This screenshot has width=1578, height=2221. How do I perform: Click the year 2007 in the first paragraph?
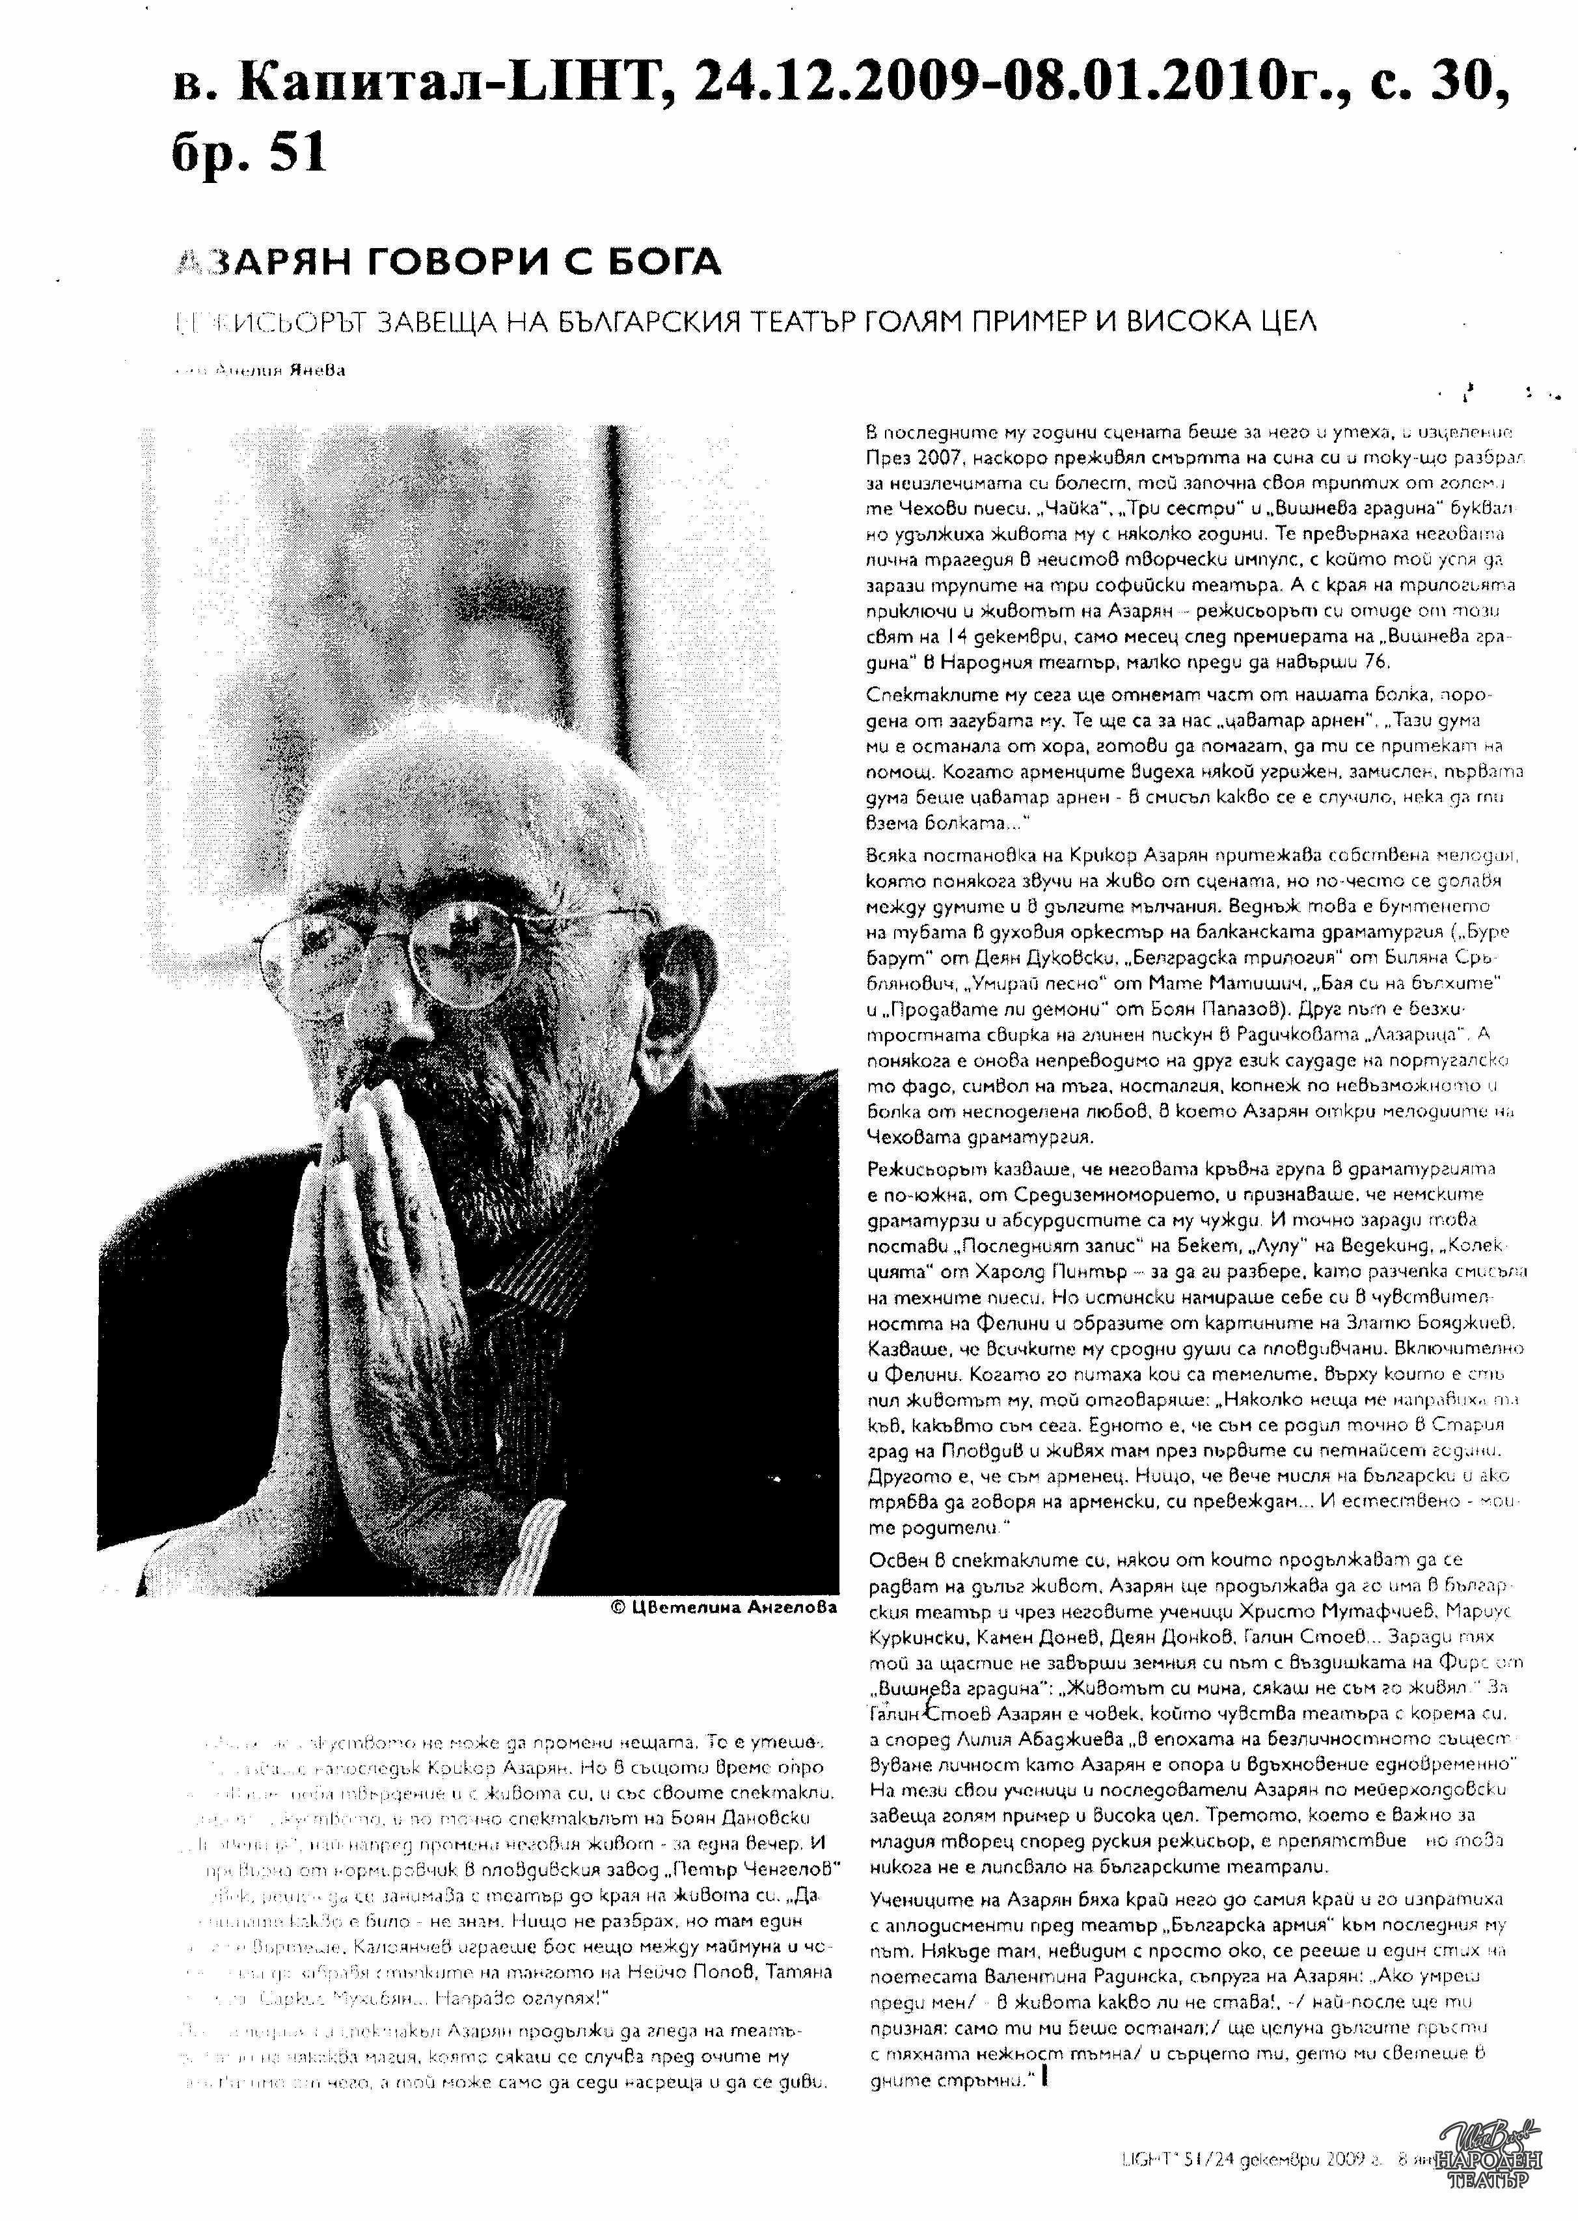pyautogui.click(x=940, y=457)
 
